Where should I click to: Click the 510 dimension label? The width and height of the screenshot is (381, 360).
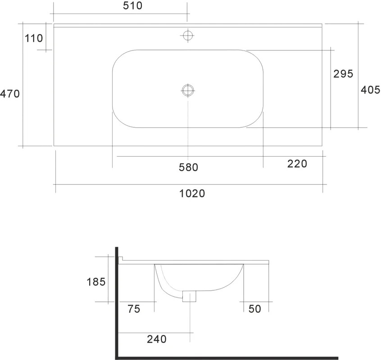(x=132, y=5)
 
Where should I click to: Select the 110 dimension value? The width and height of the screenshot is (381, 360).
(x=34, y=38)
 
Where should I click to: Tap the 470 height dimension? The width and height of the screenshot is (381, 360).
(x=10, y=94)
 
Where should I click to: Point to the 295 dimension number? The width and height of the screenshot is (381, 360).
(x=343, y=74)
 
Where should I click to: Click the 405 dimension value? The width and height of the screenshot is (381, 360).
(x=371, y=90)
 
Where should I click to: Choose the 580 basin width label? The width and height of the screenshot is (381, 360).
(x=189, y=167)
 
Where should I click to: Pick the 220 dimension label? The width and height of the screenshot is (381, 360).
(x=297, y=164)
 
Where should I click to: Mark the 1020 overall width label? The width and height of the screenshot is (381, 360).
(x=192, y=193)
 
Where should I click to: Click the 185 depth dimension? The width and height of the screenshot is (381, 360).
(x=96, y=282)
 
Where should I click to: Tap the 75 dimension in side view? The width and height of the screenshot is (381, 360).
(x=134, y=309)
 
